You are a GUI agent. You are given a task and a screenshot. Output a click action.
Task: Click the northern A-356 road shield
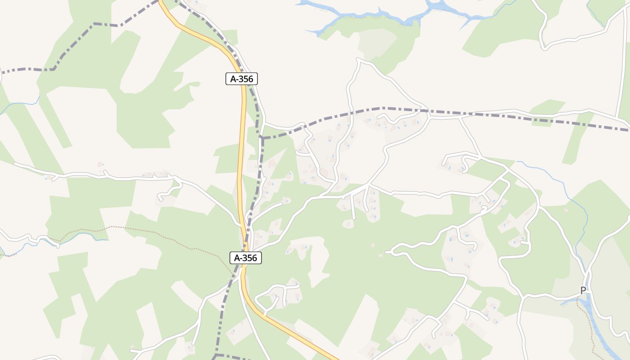tap(242, 79)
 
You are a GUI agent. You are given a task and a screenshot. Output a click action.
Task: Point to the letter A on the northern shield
tap(233, 79)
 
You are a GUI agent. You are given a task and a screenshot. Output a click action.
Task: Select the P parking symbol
tap(583, 291)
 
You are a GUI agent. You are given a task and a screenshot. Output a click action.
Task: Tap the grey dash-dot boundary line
tap(495, 115)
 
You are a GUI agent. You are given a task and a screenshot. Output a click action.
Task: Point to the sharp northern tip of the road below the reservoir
tap(358, 59)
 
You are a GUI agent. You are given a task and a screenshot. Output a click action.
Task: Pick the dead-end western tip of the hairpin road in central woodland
tap(388, 252)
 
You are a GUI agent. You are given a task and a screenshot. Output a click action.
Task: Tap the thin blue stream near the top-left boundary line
tap(18, 104)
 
